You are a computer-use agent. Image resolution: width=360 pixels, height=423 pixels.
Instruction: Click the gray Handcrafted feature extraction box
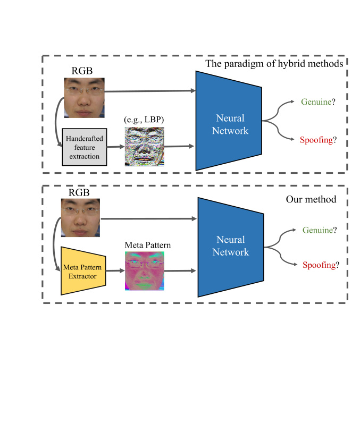(x=85, y=147)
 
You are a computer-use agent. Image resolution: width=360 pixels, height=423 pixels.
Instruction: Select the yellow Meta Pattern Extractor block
(x=83, y=271)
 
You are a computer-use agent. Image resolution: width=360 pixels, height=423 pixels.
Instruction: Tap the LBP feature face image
(x=145, y=147)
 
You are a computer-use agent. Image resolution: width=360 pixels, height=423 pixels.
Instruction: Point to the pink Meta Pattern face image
(x=145, y=271)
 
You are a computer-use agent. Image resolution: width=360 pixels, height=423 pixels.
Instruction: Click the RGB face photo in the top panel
(x=84, y=98)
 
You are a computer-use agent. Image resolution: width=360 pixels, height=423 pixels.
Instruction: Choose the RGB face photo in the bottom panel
(x=80, y=218)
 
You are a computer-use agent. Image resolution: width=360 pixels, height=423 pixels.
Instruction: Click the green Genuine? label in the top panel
(x=318, y=101)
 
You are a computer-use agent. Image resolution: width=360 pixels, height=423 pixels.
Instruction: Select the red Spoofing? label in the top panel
(x=318, y=140)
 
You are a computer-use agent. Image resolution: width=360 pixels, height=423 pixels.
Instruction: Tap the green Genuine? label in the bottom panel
(x=320, y=230)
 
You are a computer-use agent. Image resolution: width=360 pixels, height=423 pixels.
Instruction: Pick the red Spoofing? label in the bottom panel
(x=321, y=265)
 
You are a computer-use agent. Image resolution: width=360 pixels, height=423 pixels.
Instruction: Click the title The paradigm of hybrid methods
(x=274, y=64)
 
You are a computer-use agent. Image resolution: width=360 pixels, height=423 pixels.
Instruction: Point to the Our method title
(x=311, y=199)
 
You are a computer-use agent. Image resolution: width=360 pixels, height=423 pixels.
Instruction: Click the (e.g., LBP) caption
(x=144, y=120)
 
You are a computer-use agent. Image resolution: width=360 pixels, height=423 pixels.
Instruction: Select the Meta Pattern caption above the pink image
(x=148, y=244)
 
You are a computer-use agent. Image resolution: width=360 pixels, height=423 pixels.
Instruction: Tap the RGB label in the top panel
(x=82, y=71)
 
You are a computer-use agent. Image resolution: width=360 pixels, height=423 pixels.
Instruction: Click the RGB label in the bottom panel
(x=79, y=192)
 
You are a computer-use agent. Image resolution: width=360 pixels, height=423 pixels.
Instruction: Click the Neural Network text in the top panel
(x=230, y=124)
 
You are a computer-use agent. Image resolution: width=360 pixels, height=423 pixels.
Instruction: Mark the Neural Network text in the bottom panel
(x=231, y=246)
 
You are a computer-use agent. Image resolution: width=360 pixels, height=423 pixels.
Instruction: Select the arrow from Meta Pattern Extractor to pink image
(x=115, y=270)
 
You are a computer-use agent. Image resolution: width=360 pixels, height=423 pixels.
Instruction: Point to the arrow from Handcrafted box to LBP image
(x=116, y=147)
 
